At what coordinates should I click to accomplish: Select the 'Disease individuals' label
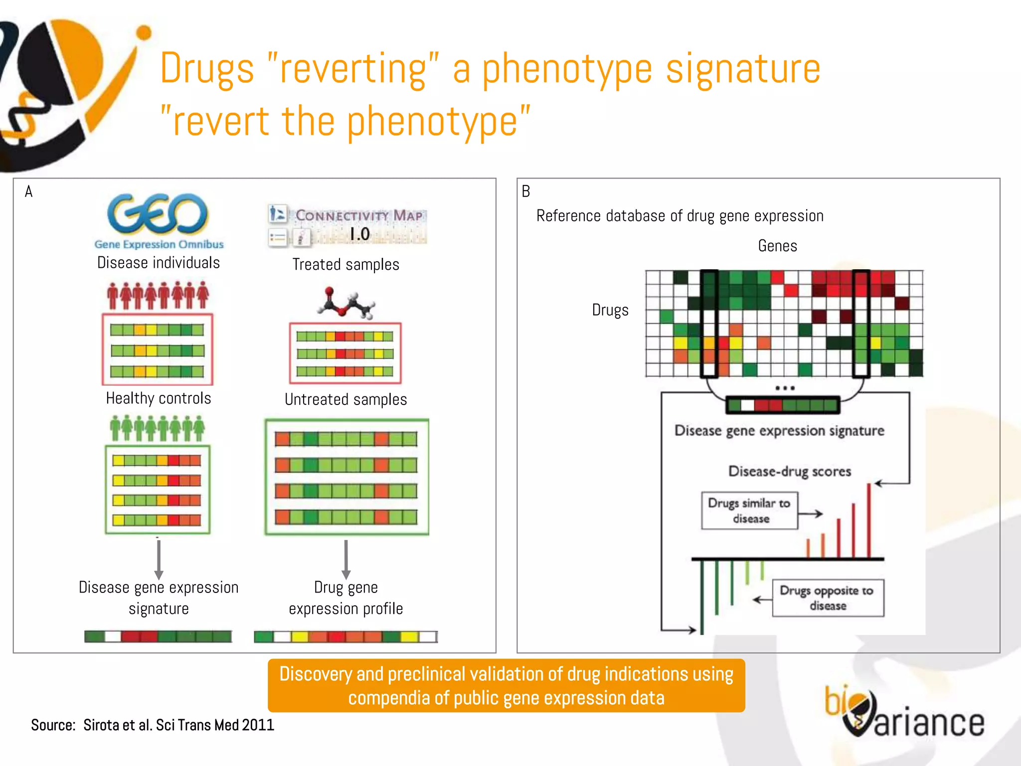pyautogui.click(x=159, y=263)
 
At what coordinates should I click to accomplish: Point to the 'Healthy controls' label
pyautogui.click(x=159, y=398)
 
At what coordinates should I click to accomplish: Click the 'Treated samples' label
pyautogui.click(x=345, y=264)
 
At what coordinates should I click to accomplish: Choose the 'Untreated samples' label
pyautogui.click(x=345, y=399)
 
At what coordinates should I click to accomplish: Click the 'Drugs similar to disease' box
pyautogui.click(x=749, y=511)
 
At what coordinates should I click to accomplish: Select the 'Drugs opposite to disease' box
pyautogui.click(x=828, y=598)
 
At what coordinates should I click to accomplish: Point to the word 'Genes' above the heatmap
pyautogui.click(x=777, y=246)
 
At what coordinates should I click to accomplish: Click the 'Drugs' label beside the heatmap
pyautogui.click(x=610, y=310)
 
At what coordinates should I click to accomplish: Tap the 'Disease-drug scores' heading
pyautogui.click(x=790, y=471)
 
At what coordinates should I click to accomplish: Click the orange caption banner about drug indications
pyautogui.click(x=506, y=686)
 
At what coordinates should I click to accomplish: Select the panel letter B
pyautogui.click(x=526, y=191)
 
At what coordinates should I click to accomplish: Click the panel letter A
pyautogui.click(x=29, y=191)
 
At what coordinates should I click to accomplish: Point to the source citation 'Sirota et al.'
pyautogui.click(x=153, y=725)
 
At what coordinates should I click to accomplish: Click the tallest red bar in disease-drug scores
pyautogui.click(x=869, y=521)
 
